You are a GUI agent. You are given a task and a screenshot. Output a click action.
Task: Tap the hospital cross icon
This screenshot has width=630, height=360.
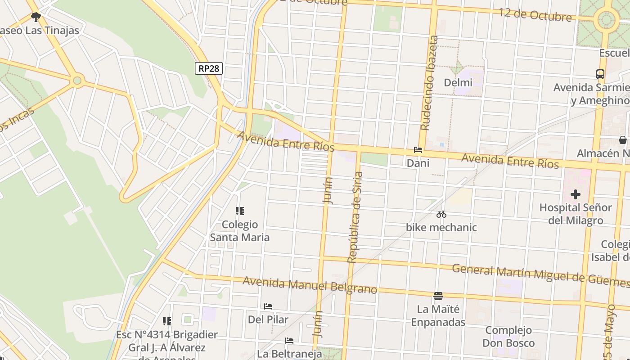click(x=575, y=195)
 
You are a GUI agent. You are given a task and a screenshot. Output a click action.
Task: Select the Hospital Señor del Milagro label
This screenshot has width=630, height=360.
click(x=575, y=214)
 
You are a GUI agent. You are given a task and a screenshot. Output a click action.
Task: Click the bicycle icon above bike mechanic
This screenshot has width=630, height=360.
click(x=441, y=214)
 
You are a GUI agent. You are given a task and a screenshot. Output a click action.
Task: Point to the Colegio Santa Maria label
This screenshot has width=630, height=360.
click(x=240, y=231)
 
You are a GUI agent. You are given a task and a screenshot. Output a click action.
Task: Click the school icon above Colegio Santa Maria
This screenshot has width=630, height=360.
click(x=240, y=211)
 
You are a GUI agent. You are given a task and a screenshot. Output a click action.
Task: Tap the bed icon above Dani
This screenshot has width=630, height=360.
click(x=418, y=150)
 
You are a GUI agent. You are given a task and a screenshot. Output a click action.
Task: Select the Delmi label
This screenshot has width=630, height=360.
click(x=458, y=83)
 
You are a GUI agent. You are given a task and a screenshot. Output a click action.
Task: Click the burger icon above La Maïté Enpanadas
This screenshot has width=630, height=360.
click(x=438, y=296)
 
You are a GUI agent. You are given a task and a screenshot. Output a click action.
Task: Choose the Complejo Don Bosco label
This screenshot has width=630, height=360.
click(x=508, y=337)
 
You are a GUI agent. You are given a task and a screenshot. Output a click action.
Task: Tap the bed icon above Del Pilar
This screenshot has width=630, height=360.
click(x=268, y=306)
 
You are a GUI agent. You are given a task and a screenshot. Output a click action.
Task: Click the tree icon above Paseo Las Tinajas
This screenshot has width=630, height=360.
click(x=36, y=17)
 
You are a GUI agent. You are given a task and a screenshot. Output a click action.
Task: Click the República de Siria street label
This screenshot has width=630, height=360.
click(x=355, y=217)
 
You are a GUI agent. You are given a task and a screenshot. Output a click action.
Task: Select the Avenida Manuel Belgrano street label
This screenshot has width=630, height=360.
click(x=310, y=285)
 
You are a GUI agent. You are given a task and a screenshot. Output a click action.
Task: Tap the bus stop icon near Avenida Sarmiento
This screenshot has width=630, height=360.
click(x=600, y=74)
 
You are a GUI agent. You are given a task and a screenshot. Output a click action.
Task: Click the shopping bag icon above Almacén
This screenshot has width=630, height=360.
click(x=622, y=140)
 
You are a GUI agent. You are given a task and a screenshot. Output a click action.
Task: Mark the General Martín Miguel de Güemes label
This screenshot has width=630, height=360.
click(x=540, y=274)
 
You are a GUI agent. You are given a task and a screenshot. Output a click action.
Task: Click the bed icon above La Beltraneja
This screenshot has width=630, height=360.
click(x=289, y=341)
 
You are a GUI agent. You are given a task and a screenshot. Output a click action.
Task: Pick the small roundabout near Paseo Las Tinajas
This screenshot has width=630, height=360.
click(x=77, y=81)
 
